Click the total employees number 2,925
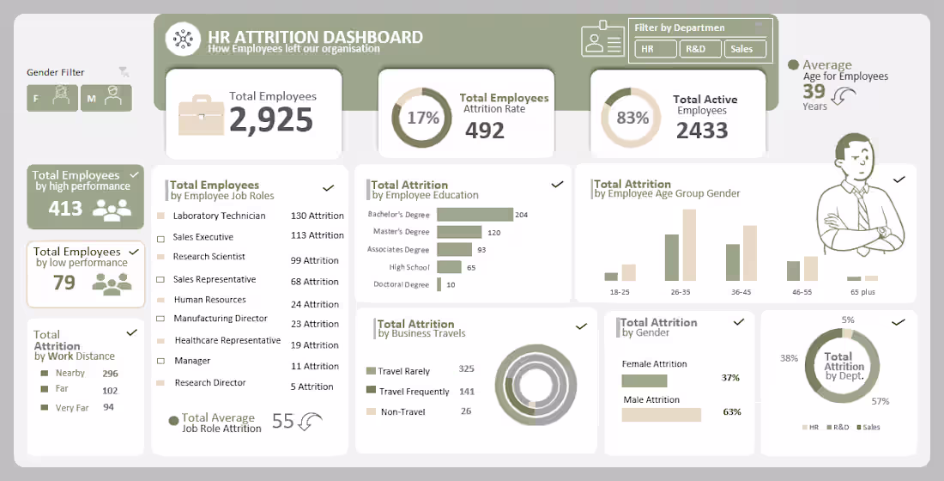coord(270,119)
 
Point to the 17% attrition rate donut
coord(422,118)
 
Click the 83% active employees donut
coord(632,118)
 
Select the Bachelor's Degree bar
coord(474,215)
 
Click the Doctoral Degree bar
coord(439,284)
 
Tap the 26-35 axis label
coord(681,292)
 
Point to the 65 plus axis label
coord(862,292)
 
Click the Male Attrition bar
coord(661,415)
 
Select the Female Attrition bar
coord(650,380)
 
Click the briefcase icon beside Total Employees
coord(201,118)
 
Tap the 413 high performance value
coord(65,208)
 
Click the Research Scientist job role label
coord(209,257)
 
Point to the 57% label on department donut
coord(880,401)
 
